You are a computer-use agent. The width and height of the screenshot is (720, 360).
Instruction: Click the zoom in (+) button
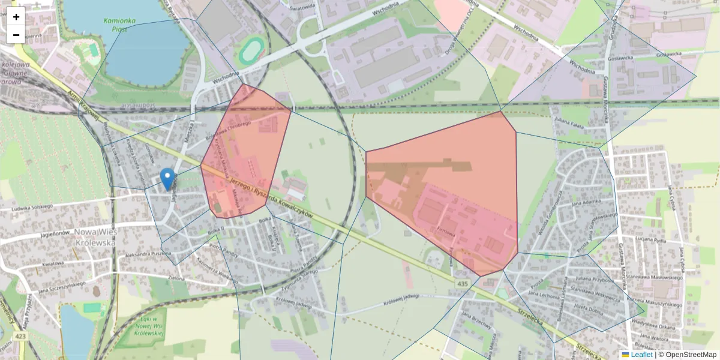[16, 16]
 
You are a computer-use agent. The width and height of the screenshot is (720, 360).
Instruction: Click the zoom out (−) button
[16, 35]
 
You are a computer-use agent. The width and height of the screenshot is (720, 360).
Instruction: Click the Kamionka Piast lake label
[120, 24]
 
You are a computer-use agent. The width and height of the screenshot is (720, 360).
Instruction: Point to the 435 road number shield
[461, 283]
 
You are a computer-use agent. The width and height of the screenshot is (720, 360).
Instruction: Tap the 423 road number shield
[22, 337]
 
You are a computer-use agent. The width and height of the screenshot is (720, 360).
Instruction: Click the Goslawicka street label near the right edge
[671, 54]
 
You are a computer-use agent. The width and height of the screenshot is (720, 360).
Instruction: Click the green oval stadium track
[251, 51]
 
